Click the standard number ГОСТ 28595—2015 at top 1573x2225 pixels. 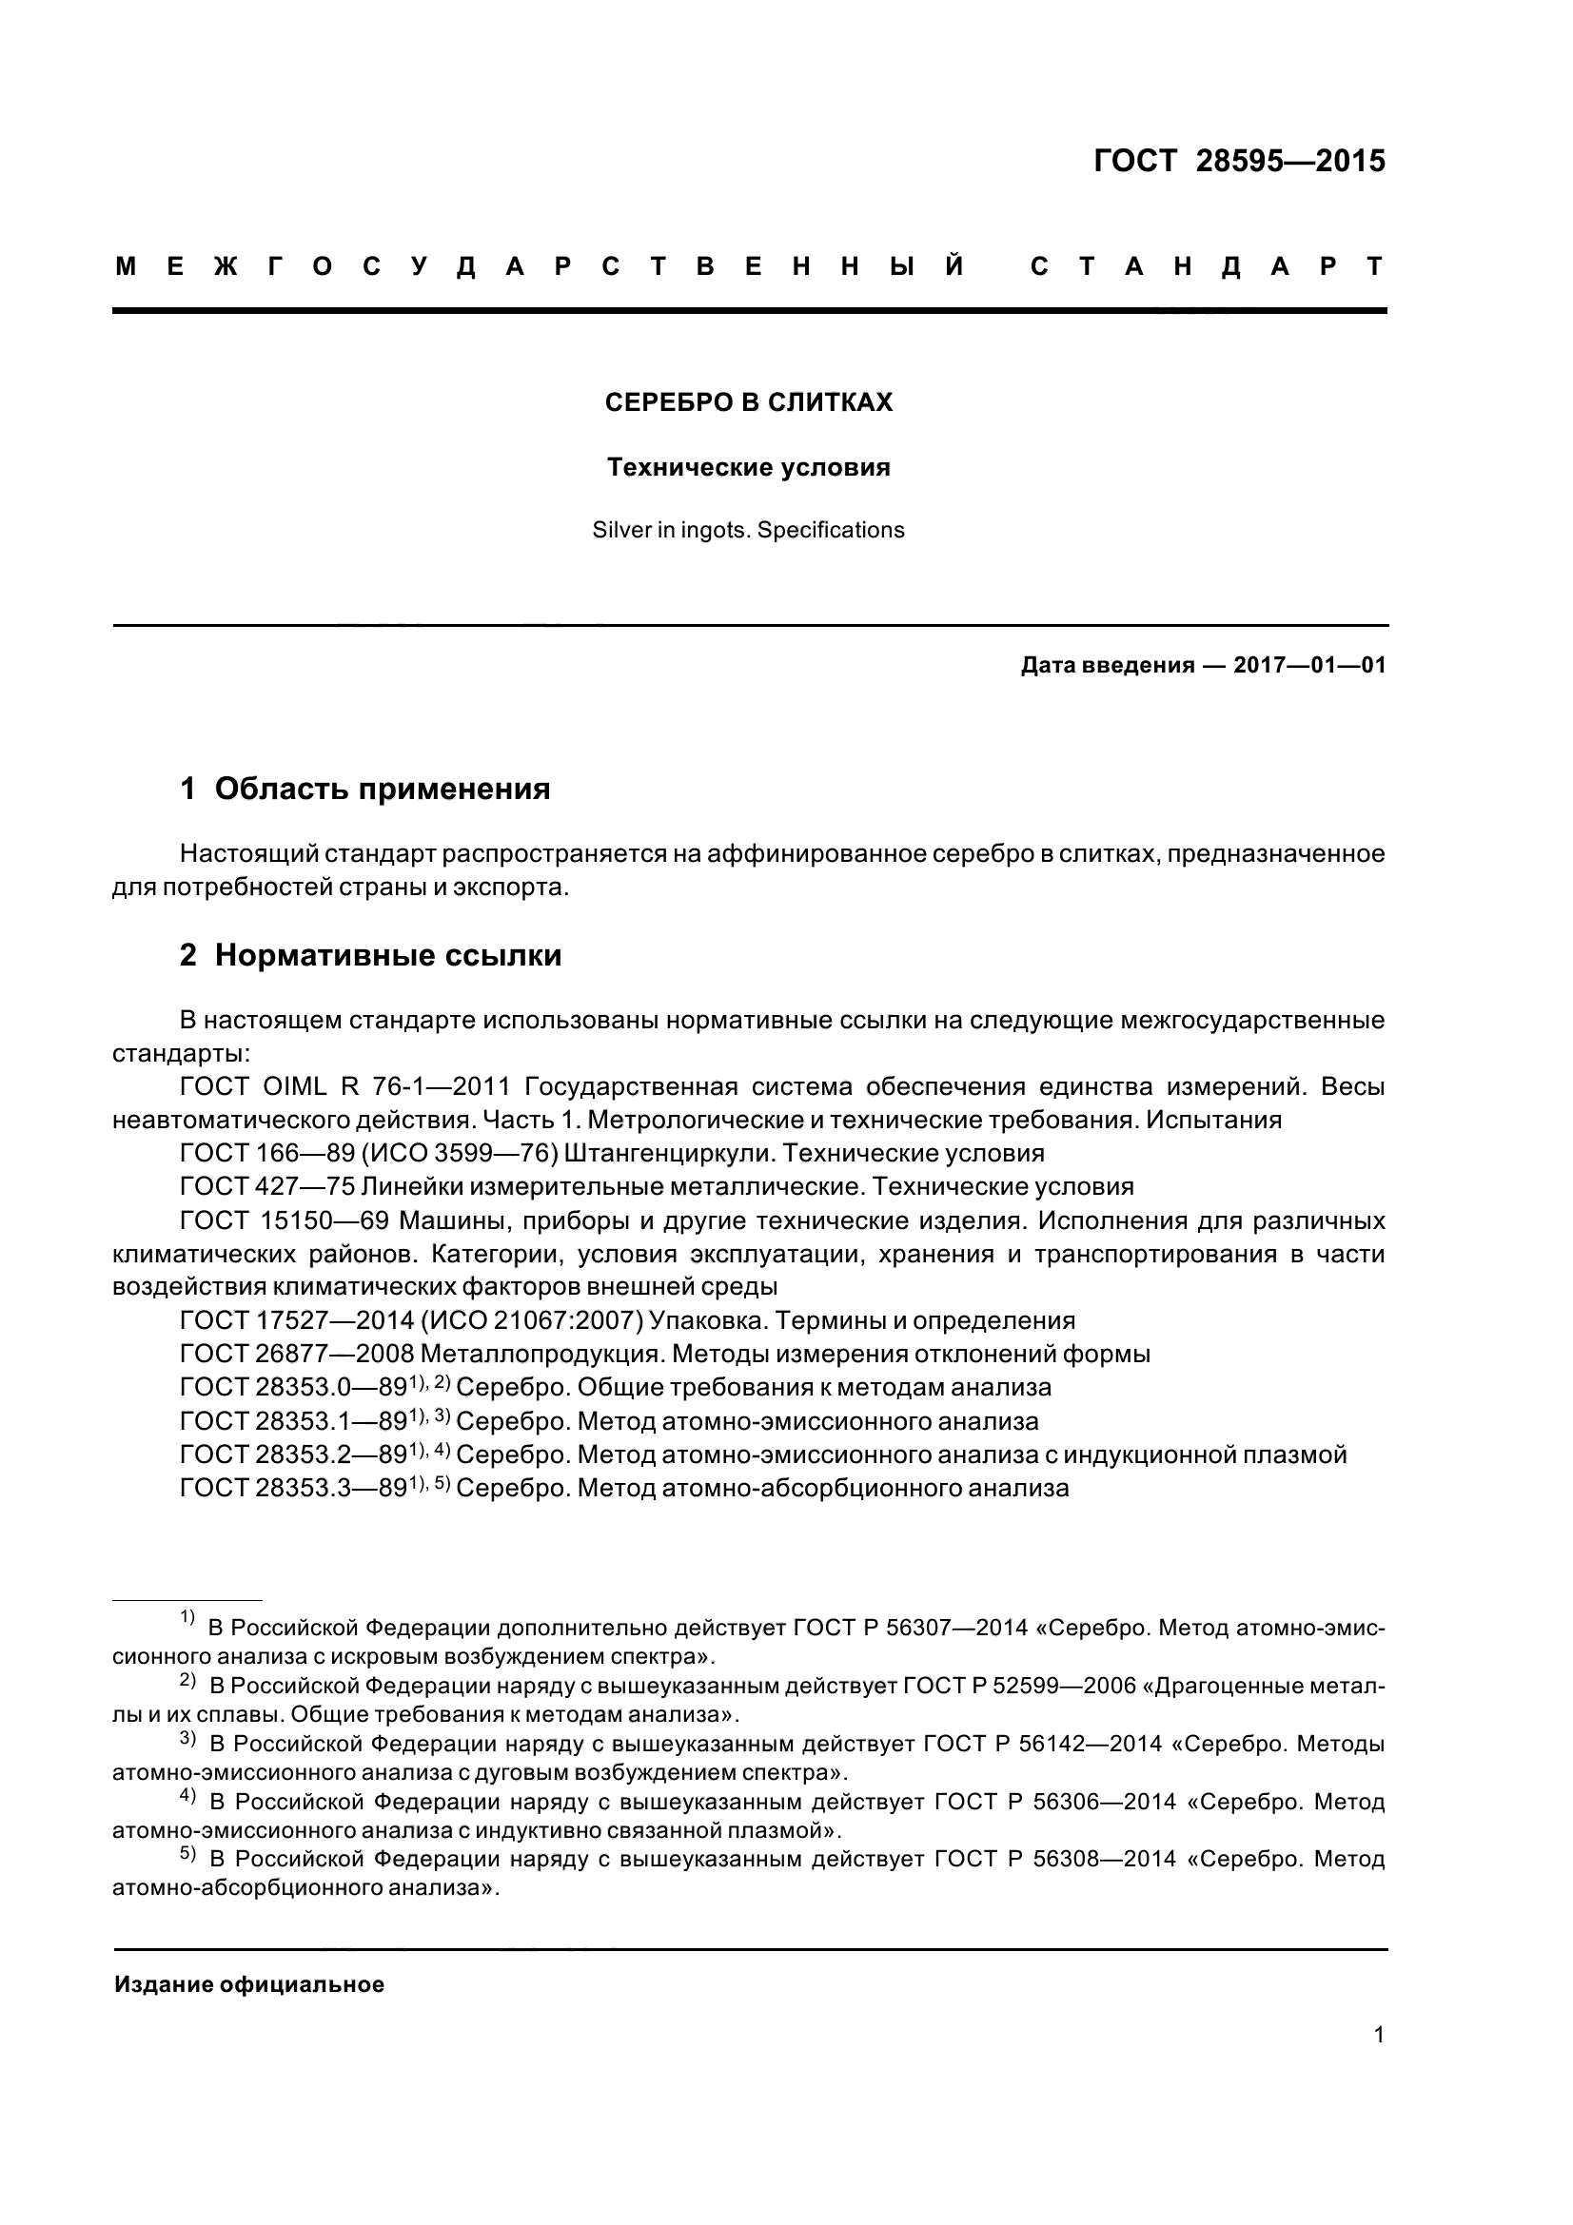[x=1239, y=161]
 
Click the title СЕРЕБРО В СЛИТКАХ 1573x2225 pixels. [x=748, y=402]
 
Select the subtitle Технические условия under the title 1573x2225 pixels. [x=748, y=467]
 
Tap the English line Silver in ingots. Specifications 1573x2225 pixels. [x=748, y=530]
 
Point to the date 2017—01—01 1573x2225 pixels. [x=1309, y=666]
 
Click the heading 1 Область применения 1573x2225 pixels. [x=365, y=789]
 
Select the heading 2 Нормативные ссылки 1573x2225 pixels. [x=370, y=955]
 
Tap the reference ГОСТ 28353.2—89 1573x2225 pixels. [x=293, y=1454]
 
